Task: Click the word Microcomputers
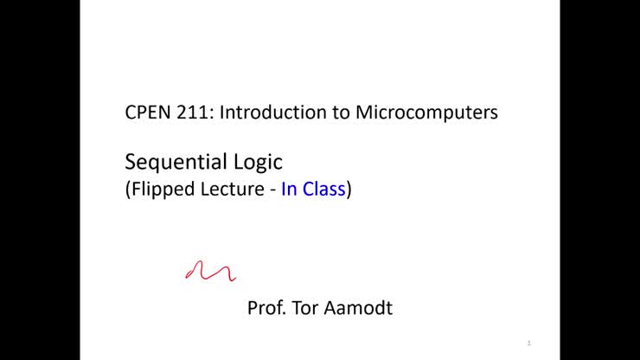pos(426,113)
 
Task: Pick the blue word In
pos(290,190)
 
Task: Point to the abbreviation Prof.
pos(266,308)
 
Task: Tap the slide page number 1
pos(528,344)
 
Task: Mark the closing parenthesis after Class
pos(349,190)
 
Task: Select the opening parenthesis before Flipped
pos(129,190)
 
